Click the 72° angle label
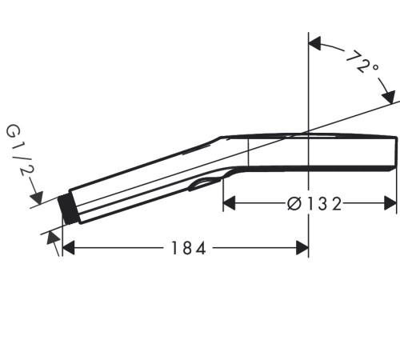click(x=362, y=62)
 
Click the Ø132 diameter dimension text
click(x=314, y=204)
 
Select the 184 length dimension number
click(x=189, y=248)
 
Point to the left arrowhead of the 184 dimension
click(x=68, y=248)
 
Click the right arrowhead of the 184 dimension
click(x=302, y=248)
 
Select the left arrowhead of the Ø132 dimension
click(x=229, y=203)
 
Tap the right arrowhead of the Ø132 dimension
click(x=390, y=203)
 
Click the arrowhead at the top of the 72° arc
click(x=314, y=43)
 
